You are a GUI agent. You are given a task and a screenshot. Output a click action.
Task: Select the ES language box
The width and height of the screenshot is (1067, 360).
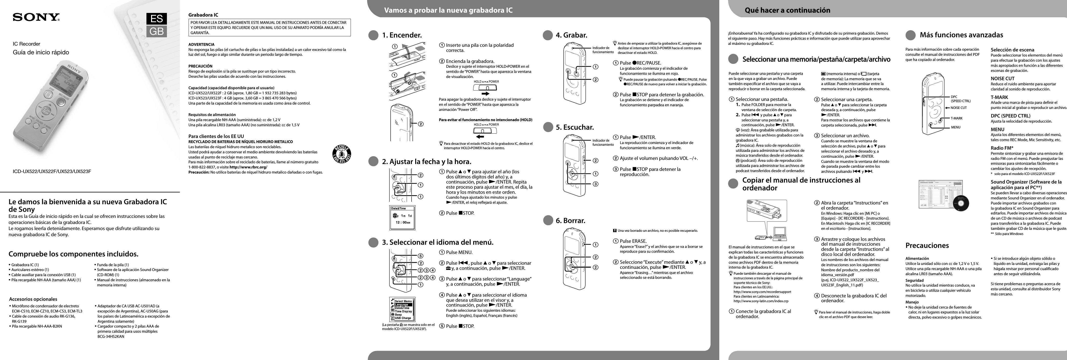(x=157, y=19)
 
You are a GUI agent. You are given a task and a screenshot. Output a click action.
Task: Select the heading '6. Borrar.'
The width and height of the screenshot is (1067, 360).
(x=570, y=220)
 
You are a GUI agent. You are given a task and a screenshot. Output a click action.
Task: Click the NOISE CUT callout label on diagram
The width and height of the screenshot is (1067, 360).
(x=959, y=108)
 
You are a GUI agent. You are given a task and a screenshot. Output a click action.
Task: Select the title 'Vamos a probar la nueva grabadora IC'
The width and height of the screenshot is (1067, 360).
(x=448, y=10)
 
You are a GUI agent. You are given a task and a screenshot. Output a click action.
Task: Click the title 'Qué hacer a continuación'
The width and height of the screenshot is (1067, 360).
(x=787, y=10)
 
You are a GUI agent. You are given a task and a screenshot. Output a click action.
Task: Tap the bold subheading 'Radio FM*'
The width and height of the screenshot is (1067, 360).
(x=1001, y=148)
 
